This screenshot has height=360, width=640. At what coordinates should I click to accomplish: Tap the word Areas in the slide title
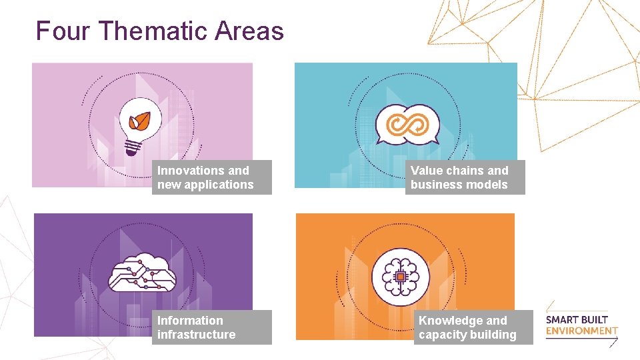[x=249, y=31]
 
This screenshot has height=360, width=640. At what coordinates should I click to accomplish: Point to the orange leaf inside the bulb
[x=140, y=121]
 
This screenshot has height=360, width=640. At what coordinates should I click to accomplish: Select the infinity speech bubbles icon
[x=407, y=125]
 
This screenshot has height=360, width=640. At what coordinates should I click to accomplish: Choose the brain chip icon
[x=400, y=275]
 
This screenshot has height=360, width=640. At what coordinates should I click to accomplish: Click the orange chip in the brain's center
[x=400, y=275]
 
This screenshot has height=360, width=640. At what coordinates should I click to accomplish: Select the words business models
[x=459, y=185]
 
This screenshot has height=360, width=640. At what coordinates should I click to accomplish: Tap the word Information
[x=190, y=321]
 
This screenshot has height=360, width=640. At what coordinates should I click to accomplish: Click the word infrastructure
[x=197, y=335]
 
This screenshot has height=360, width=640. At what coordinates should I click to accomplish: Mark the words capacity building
[x=467, y=335]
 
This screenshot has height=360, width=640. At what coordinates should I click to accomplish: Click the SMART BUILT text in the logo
[x=577, y=319]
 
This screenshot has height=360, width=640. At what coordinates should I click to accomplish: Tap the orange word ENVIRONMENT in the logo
[x=581, y=331]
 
